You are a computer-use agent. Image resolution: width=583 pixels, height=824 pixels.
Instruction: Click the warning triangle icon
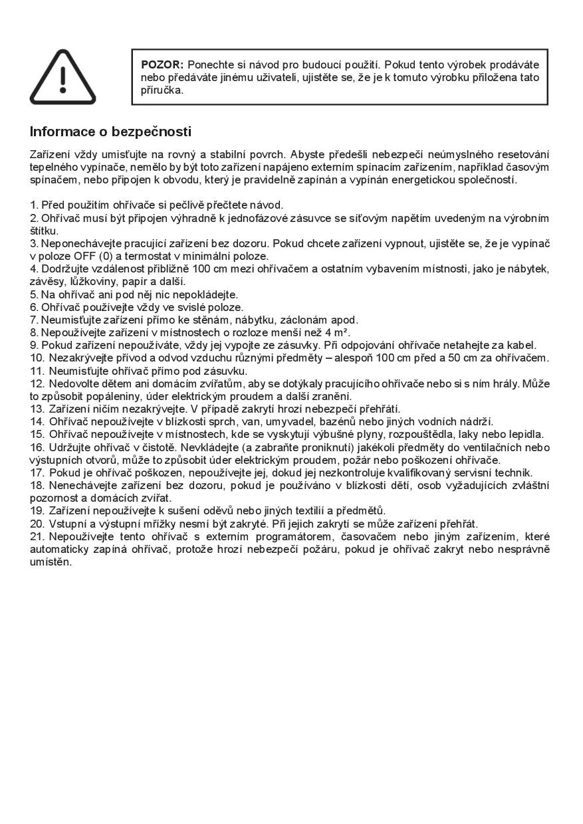pyautogui.click(x=62, y=78)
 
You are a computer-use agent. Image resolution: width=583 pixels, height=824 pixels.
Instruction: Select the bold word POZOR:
pyautogui.click(x=162, y=65)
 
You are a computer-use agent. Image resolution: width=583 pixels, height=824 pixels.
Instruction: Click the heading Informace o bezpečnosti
pyautogui.click(x=110, y=132)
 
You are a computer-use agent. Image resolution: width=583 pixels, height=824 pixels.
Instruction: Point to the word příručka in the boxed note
pyautogui.click(x=162, y=90)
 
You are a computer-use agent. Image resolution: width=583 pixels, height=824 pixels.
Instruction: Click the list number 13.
pyautogui.click(x=38, y=409)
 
